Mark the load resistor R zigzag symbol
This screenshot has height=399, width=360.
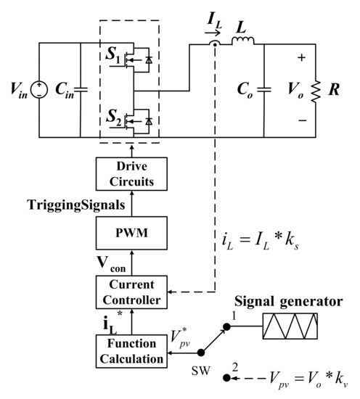(x=315, y=90)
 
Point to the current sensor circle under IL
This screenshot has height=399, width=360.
(x=215, y=45)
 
